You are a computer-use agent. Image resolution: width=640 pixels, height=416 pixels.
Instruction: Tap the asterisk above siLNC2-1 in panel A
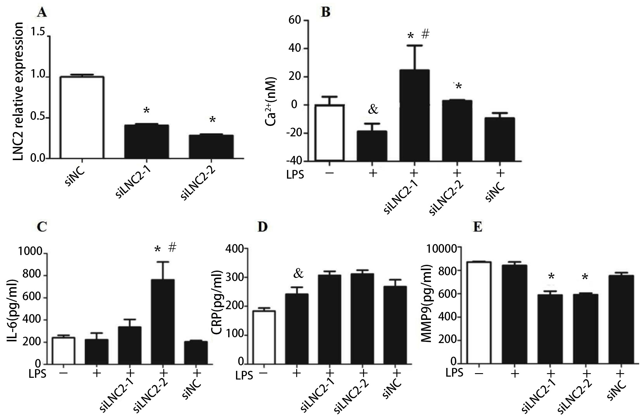click(x=147, y=111)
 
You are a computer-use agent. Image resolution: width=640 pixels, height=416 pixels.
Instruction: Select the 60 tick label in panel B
click(x=295, y=21)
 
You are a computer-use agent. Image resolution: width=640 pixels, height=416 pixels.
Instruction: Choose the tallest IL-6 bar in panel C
click(x=163, y=321)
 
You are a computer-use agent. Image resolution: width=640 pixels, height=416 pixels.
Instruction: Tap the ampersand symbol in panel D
click(x=299, y=274)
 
